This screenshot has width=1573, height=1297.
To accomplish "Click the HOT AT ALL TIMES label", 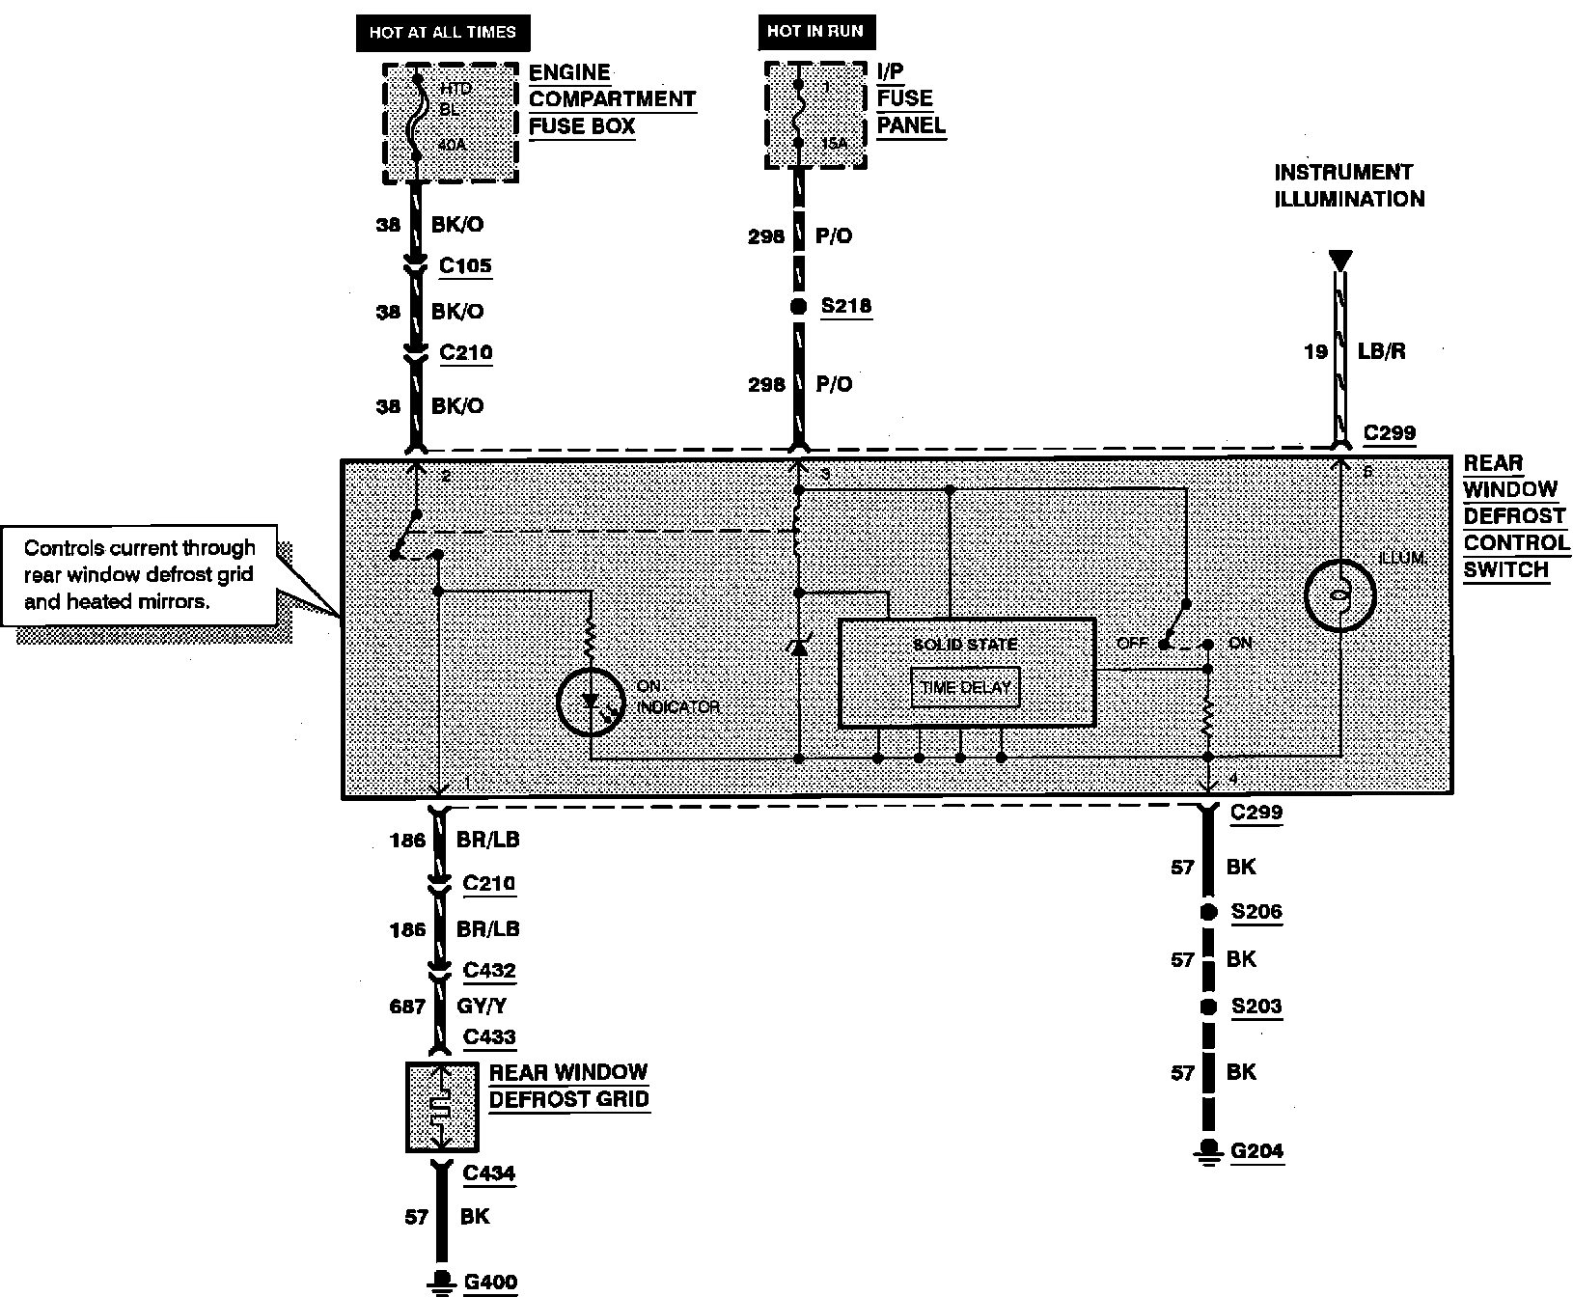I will pos(442,32).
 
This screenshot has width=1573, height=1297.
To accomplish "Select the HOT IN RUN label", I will pos(815,32).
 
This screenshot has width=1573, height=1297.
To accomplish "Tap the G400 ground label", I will pos(490,1283).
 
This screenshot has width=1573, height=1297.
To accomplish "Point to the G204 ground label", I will pos(1256,1150).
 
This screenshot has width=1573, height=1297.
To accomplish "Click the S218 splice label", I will pos(845,306).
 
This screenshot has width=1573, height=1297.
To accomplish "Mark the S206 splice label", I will pos(1256,911).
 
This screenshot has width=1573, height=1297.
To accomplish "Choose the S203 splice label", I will pos(1256,1007).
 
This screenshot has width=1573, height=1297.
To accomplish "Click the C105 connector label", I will pos(465,265).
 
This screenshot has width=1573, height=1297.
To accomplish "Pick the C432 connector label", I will pos(489,970).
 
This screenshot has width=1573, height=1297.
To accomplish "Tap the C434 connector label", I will pos(489,1173).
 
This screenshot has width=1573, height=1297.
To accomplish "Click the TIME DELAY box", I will pos(965,687).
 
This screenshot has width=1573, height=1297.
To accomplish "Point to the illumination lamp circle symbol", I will pos(1339,595).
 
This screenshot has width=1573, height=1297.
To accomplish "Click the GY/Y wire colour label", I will pos(483,1007).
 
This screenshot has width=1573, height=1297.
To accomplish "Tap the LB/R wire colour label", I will pos(1381,351).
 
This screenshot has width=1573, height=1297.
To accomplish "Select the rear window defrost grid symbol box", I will pos(441,1107).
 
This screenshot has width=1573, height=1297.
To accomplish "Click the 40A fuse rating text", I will pos(452,146).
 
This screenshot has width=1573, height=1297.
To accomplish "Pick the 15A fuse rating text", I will pos(834,144).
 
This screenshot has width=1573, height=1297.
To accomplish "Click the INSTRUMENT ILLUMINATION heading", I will pos(1349,186).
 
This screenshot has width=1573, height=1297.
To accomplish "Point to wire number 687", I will pos(407,1007).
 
